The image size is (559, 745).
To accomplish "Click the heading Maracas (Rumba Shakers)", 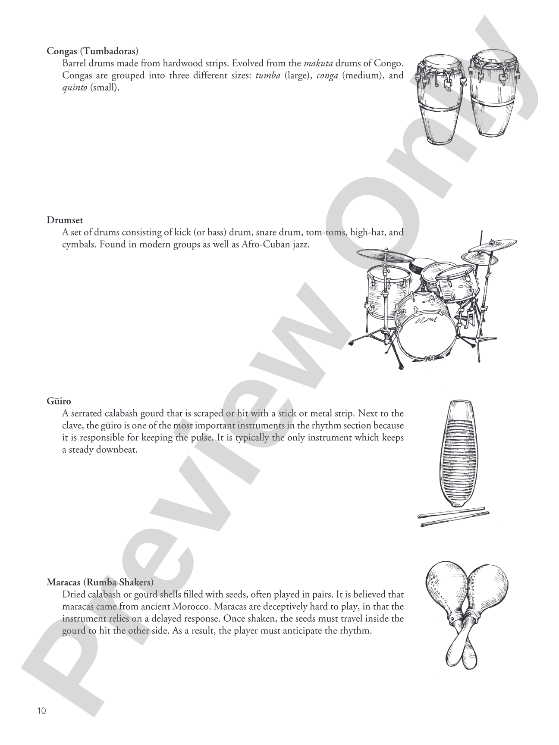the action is click(x=100, y=582).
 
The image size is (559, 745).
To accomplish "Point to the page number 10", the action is click(x=41, y=711).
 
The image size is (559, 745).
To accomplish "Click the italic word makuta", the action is click(x=318, y=63).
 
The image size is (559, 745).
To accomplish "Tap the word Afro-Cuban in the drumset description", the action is click(x=259, y=245).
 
